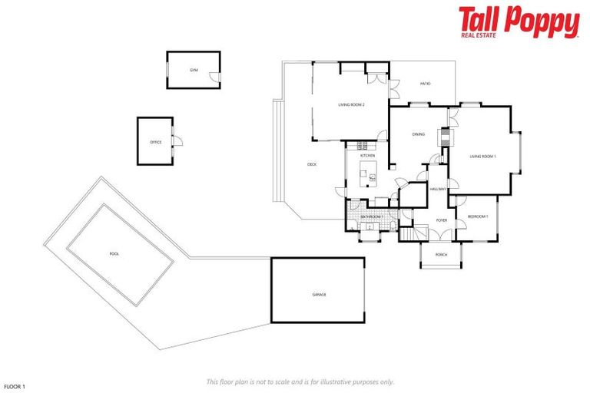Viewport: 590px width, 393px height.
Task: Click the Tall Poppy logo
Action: [x=519, y=21]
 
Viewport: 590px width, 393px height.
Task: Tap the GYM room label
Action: [x=194, y=70]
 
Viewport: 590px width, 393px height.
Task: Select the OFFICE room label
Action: [x=155, y=142]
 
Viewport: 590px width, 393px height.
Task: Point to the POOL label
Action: [x=114, y=253]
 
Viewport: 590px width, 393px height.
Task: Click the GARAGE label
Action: [x=319, y=295]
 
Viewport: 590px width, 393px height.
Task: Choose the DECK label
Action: [x=312, y=164]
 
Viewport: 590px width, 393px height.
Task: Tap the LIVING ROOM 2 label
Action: [x=350, y=104]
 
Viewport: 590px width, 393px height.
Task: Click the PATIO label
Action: [x=425, y=84]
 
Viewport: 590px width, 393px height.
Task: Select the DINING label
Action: [x=418, y=134]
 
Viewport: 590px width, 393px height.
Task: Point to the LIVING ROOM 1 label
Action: [x=483, y=157]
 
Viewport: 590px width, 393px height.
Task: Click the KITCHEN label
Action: [x=368, y=156]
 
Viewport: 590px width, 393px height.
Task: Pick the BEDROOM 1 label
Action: [x=478, y=216]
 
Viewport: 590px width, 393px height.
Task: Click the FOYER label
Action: [x=442, y=220]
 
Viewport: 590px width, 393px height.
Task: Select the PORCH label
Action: [x=442, y=254]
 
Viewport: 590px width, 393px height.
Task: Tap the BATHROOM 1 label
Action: [x=372, y=217]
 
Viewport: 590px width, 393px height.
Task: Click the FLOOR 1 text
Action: [x=15, y=386]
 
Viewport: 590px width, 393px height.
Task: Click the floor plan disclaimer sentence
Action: [x=300, y=381]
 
